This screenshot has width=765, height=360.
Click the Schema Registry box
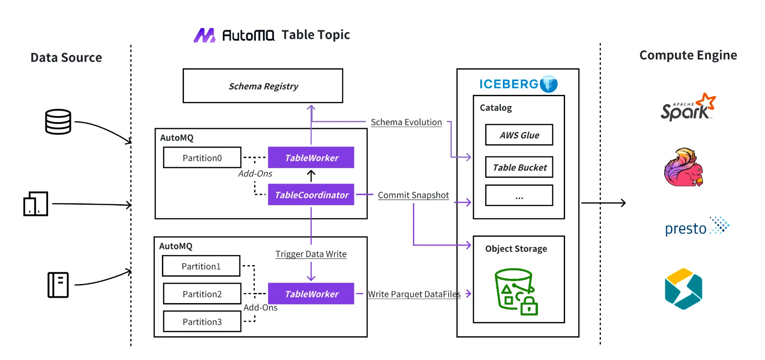pyautogui.click(x=263, y=86)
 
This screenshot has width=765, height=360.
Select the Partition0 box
pyautogui.click(x=202, y=158)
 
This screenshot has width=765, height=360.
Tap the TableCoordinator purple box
pyautogui.click(x=311, y=195)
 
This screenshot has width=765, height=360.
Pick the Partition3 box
pyautogui.click(x=202, y=322)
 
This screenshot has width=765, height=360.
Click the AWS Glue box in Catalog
pyautogui.click(x=519, y=135)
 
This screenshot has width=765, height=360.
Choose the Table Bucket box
pyautogui.click(x=519, y=168)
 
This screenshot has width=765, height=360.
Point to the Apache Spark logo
pyautogui.click(x=687, y=108)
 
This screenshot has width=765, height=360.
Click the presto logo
pyautogui.click(x=696, y=227)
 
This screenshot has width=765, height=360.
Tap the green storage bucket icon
pyautogui.click(x=516, y=292)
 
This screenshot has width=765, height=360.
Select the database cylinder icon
pyautogui.click(x=58, y=122)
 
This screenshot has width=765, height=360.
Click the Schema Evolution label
pyautogui.click(x=406, y=122)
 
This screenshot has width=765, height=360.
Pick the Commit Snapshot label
pyautogui.click(x=413, y=195)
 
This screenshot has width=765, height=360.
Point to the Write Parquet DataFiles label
pyautogui.click(x=414, y=294)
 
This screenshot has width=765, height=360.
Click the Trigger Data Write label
pyautogui.click(x=311, y=254)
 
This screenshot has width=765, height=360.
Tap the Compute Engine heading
pyautogui.click(x=688, y=55)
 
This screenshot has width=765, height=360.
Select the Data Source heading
pyautogui.click(x=66, y=58)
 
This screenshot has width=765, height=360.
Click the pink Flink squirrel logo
pyautogui.click(x=683, y=168)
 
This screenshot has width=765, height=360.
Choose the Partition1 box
pyautogui.click(x=201, y=266)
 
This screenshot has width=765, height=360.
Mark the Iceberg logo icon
pyautogui.click(x=549, y=84)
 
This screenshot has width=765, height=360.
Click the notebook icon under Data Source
pyautogui.click(x=58, y=285)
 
